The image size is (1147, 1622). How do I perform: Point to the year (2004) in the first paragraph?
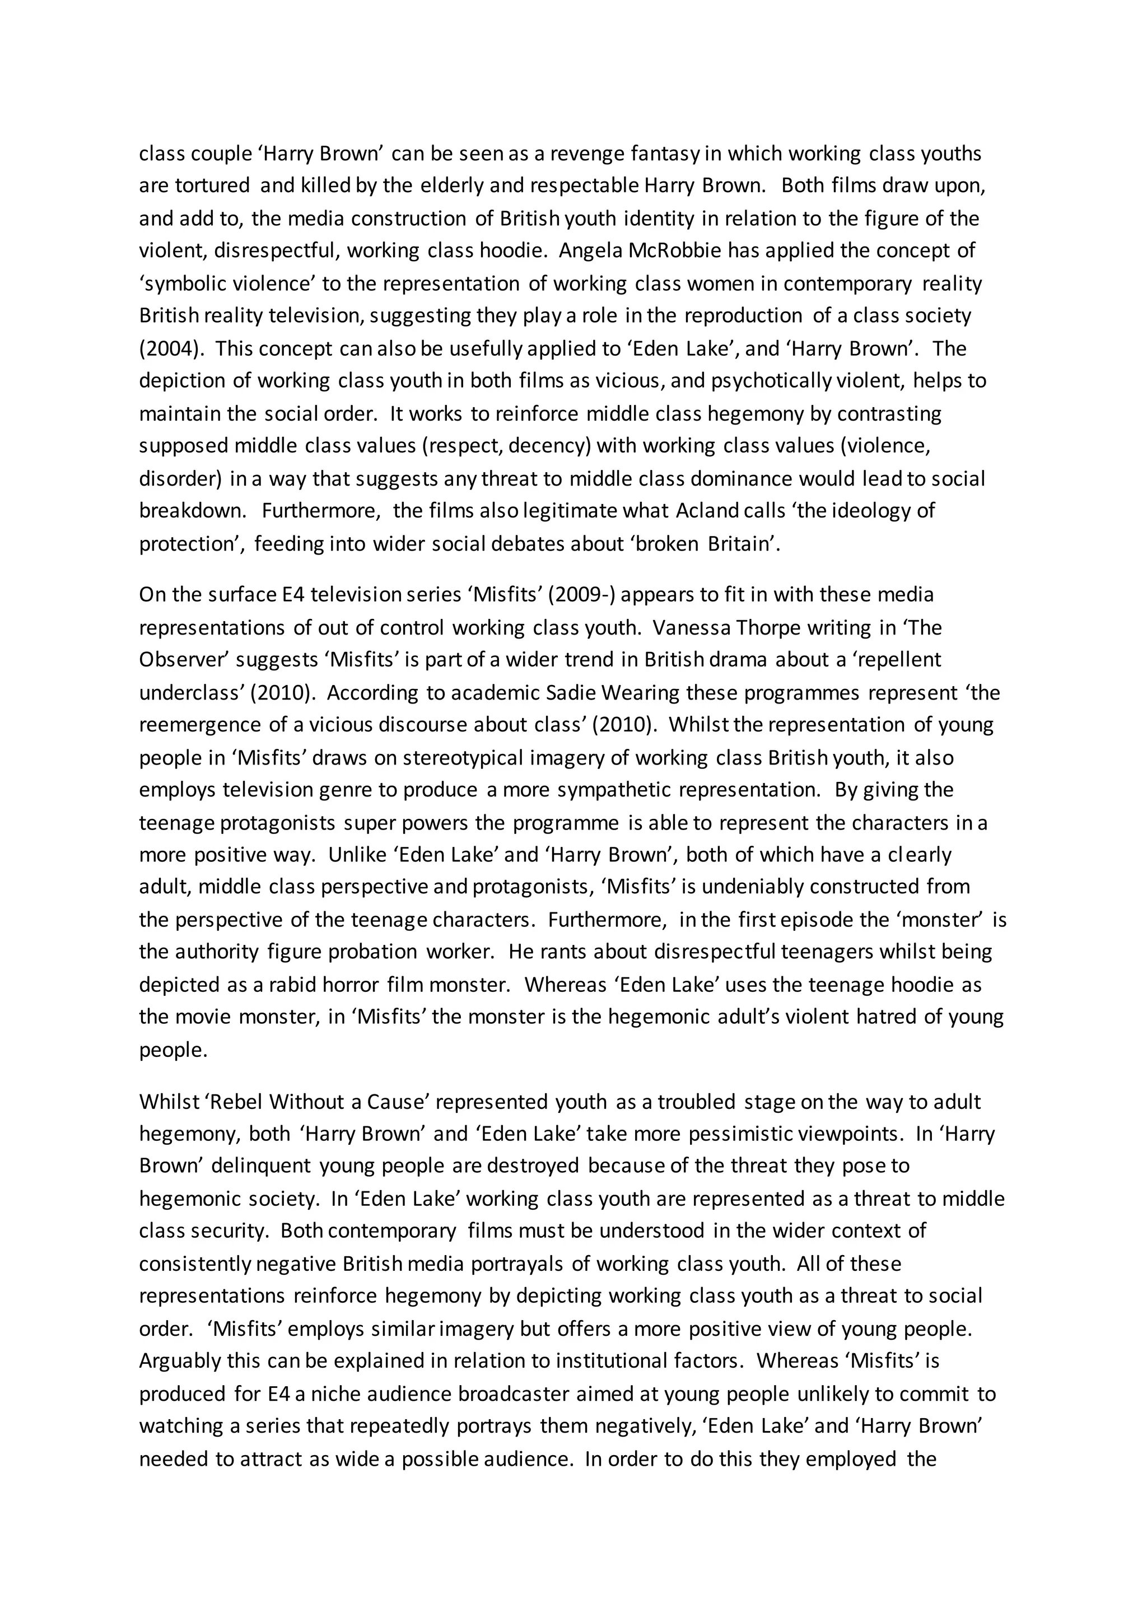click(x=170, y=349)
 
